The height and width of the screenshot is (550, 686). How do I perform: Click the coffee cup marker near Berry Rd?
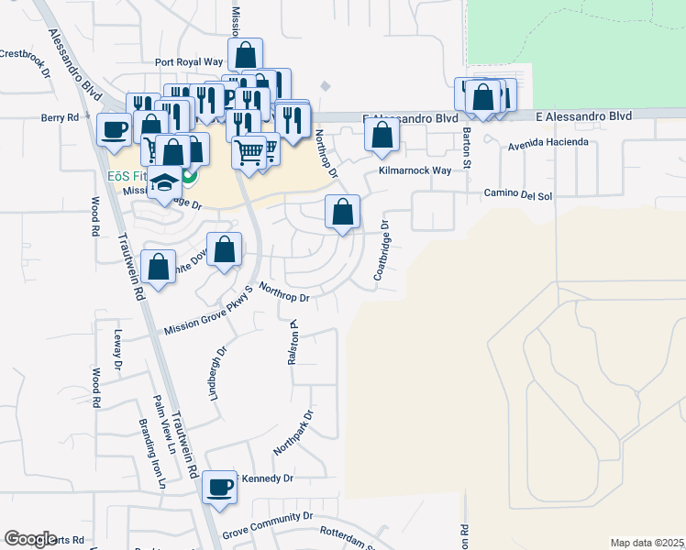click(115, 129)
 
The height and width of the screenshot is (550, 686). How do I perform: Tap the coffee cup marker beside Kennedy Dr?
click(220, 487)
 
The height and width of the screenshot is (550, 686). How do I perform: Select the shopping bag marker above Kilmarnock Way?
click(382, 136)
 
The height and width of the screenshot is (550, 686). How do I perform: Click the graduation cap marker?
click(165, 182)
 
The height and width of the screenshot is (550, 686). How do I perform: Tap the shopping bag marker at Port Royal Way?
click(246, 55)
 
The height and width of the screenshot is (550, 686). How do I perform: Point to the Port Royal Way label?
click(189, 62)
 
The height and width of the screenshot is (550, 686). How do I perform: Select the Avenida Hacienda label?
click(548, 144)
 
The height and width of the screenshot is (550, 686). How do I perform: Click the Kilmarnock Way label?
click(415, 171)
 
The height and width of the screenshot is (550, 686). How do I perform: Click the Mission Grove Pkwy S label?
click(208, 312)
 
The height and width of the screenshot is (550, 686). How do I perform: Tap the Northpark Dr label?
click(293, 433)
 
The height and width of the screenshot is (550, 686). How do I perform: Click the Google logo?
click(30, 539)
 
